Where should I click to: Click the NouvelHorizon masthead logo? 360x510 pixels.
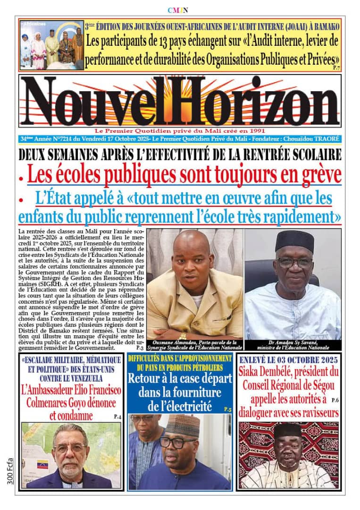tap(180, 101)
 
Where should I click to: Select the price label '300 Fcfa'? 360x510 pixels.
tap(10, 470)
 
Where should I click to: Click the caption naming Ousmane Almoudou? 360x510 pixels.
tap(194, 345)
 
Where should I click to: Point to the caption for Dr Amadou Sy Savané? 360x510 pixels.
tap(293, 345)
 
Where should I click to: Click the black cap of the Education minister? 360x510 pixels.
tap(294, 241)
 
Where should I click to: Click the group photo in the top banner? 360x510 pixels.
tap(51, 45)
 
